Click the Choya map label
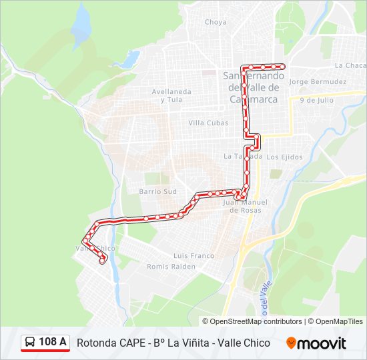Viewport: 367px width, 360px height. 216,22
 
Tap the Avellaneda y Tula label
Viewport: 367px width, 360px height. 171,95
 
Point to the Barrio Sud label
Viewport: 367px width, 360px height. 157,191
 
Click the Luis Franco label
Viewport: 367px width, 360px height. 194,255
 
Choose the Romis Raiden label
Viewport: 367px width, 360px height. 171,266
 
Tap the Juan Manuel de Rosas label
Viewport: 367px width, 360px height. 244,206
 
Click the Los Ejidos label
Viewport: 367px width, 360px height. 284,157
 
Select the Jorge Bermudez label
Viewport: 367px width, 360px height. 318,82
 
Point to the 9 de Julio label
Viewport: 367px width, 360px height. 316,100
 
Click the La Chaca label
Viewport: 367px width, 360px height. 350,65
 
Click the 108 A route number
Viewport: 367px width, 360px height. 53,343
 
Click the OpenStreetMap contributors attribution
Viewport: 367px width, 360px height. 256,321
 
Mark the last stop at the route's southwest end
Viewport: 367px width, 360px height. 102,261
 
